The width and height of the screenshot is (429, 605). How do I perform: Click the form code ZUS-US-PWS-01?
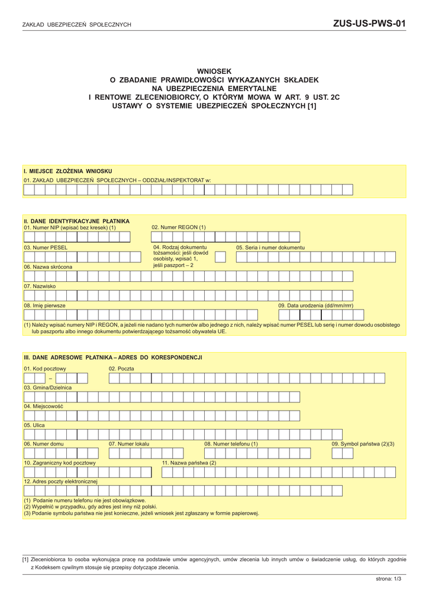click(x=369, y=24)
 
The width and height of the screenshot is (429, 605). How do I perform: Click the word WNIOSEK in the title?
click(x=214, y=71)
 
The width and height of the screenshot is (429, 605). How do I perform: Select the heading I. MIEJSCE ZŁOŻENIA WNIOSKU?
click(x=68, y=171)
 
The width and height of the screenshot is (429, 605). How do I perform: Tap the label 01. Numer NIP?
click(x=69, y=227)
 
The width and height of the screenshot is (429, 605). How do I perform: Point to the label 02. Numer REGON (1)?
click(x=179, y=227)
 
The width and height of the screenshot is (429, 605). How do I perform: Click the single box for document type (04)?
click(x=220, y=257)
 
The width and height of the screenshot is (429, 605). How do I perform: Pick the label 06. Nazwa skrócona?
click(x=48, y=266)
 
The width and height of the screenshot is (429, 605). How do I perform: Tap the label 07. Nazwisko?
click(x=40, y=286)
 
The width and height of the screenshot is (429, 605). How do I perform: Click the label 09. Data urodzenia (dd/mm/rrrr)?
click(x=315, y=305)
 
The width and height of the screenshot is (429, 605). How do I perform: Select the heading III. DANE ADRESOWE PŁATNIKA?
click(x=113, y=357)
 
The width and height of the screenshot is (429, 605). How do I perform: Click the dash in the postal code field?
click(x=50, y=379)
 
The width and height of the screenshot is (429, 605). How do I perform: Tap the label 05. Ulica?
click(x=34, y=424)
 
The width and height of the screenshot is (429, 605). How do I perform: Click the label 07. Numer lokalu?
click(x=129, y=443)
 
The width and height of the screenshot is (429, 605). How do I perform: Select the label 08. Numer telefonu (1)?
click(x=231, y=443)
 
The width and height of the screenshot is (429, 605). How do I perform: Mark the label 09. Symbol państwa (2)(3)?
click(x=362, y=443)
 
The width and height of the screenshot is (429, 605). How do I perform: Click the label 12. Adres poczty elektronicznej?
click(x=60, y=482)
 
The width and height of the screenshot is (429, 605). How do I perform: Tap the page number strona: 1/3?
click(x=388, y=579)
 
